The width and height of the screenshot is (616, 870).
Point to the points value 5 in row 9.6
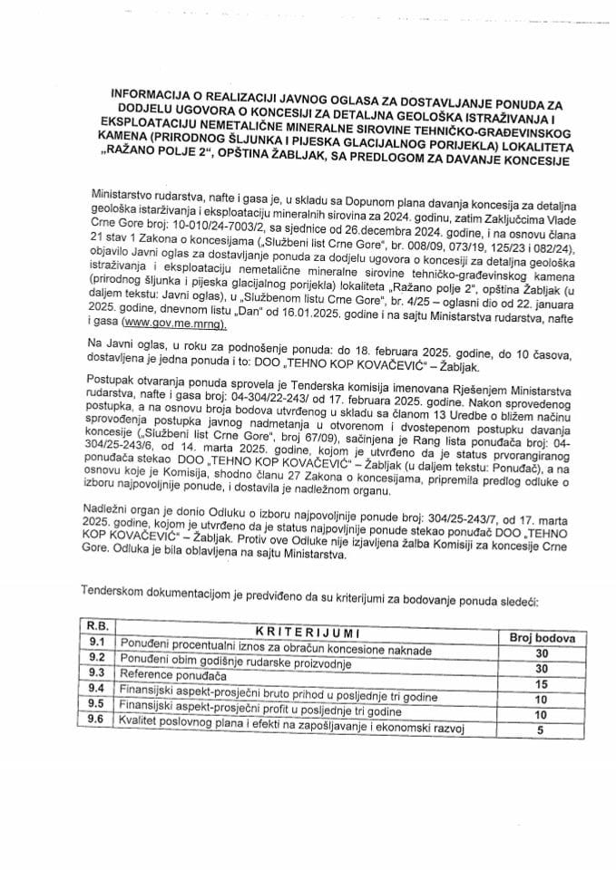coord(542,730)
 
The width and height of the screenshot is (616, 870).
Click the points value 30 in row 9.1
coord(542,653)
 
